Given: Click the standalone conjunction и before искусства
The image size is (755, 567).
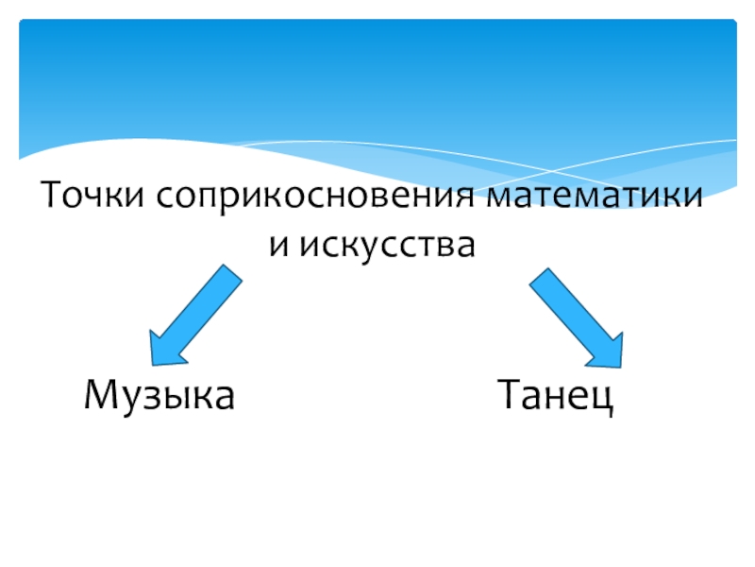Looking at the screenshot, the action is click(277, 248).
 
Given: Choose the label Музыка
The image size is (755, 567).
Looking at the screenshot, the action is click(159, 395).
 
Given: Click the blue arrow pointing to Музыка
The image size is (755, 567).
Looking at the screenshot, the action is click(193, 316).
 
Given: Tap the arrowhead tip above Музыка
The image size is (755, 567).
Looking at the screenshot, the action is click(154, 360).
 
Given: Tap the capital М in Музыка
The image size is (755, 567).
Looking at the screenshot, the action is click(98, 394).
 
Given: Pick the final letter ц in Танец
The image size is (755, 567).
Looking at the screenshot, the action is click(602, 397).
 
